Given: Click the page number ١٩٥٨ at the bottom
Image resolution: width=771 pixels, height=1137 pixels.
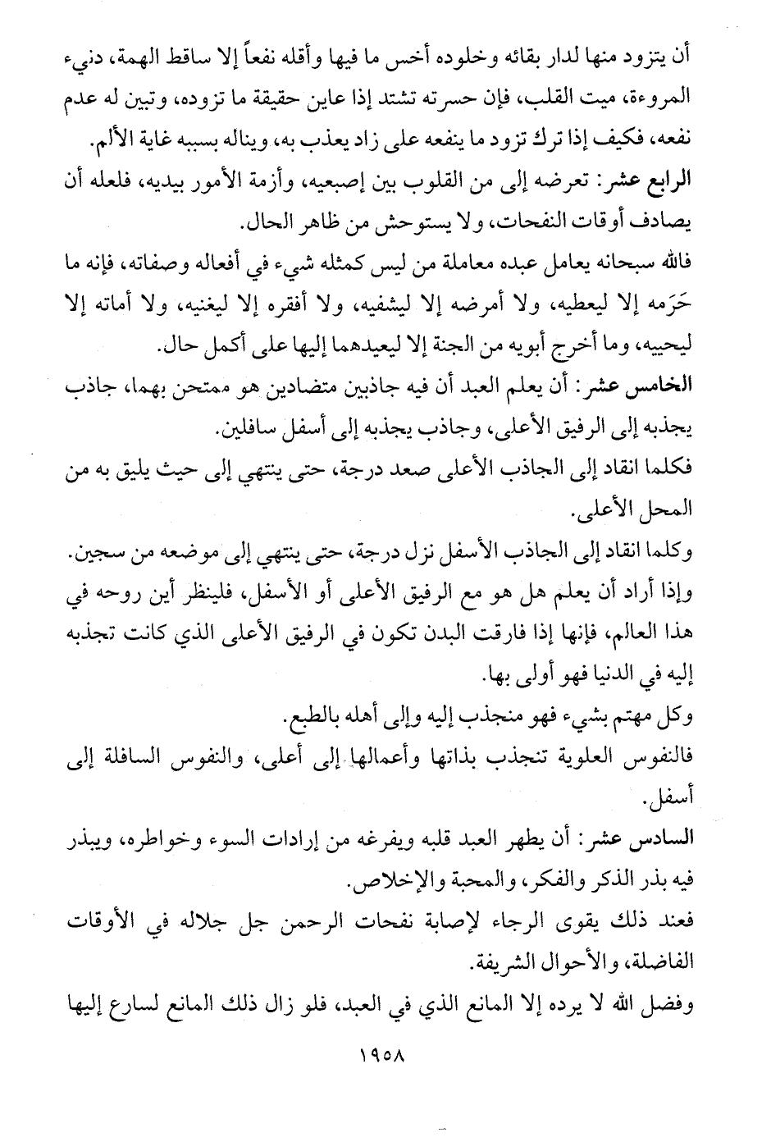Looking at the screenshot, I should [385, 1051].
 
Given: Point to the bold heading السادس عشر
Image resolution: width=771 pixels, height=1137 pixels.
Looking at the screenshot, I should [650, 838].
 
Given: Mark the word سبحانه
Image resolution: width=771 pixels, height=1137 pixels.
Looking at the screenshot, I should [618, 264].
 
